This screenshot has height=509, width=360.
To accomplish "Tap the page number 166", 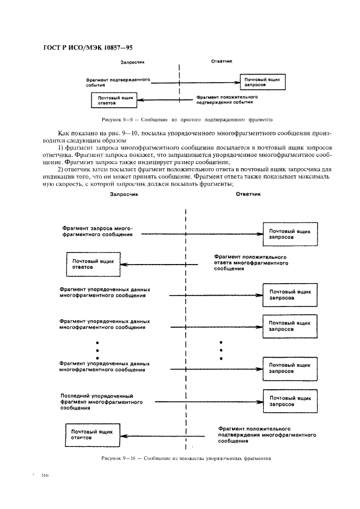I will pyautogui.click(x=44, y=475).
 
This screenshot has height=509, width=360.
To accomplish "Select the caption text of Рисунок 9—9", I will pyautogui.click(x=187, y=119).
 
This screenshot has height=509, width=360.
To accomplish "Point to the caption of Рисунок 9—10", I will pyautogui.click(x=186, y=458).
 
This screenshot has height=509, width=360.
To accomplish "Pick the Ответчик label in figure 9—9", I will pyautogui.click(x=222, y=62).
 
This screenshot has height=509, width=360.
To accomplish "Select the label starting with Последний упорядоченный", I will pyautogui.click(x=101, y=402).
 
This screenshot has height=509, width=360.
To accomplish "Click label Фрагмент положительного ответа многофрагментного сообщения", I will pyautogui.click(x=251, y=262).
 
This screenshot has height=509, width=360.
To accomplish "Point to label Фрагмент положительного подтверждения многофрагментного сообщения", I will pyautogui.click(x=267, y=436).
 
